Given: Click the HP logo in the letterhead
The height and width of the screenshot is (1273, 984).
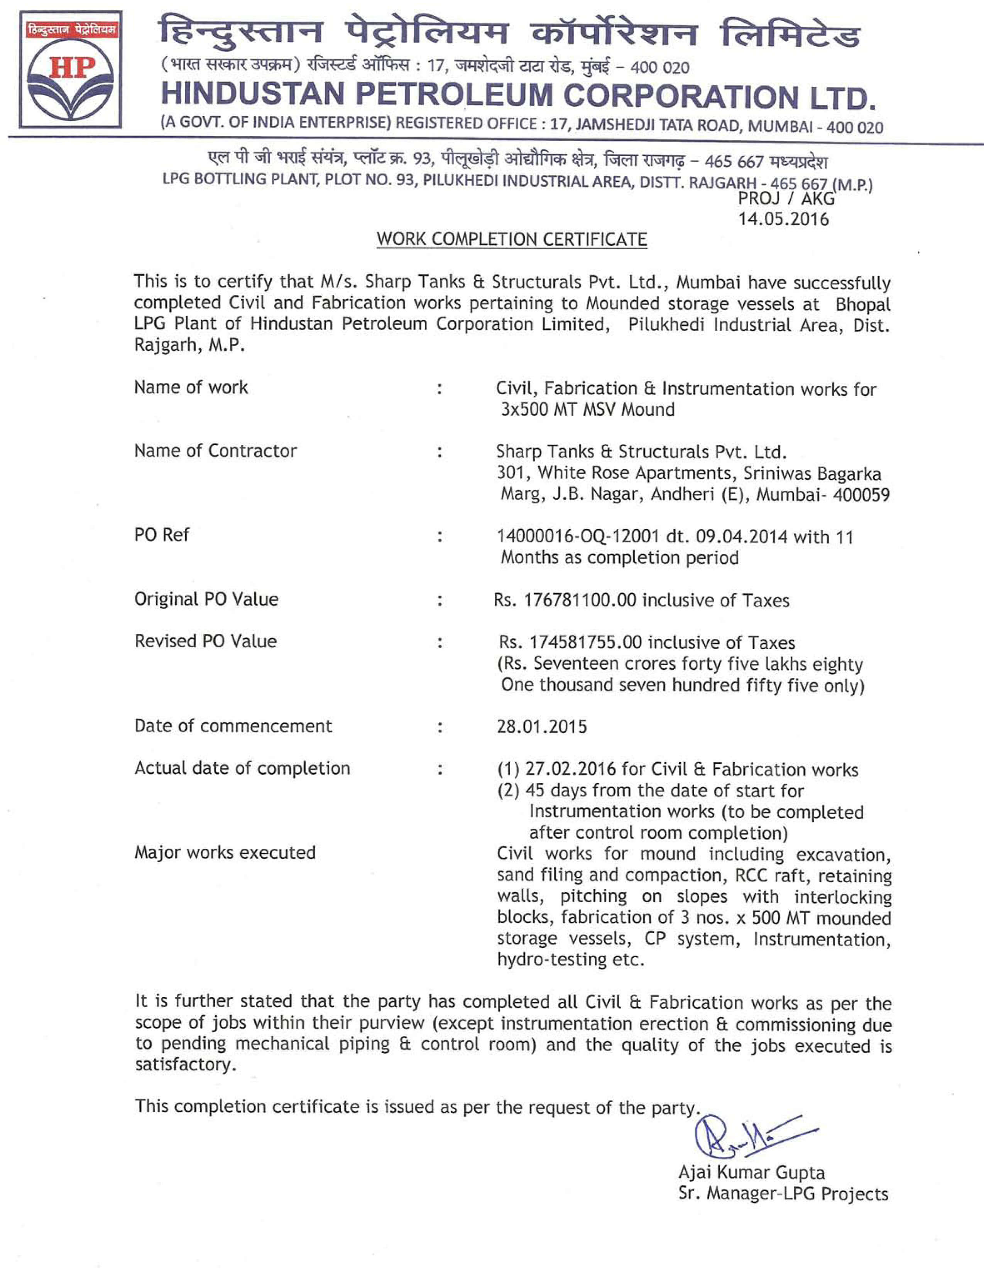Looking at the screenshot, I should coord(70,69).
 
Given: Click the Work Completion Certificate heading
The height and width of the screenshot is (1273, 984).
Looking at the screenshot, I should coord(511,239).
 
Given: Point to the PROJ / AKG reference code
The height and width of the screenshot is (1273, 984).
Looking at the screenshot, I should coord(786,199).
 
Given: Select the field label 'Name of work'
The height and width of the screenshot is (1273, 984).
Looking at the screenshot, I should coord(191,387).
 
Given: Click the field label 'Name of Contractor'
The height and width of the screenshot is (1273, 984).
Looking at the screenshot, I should coord(215,451).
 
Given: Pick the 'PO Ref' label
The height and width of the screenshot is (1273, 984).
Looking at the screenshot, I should coord(161,535).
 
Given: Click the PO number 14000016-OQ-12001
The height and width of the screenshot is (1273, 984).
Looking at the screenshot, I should coord(578,536).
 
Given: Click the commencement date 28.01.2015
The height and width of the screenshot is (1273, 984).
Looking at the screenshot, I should coord(541,727).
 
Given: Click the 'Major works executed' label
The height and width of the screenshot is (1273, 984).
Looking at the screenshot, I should coord(225,852).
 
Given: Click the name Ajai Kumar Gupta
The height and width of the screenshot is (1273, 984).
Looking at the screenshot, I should coord(751,1172).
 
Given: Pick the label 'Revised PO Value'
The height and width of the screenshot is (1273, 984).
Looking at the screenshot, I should coord(205,641).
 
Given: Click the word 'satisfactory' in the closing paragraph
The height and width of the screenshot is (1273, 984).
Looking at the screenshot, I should coord(184,1064).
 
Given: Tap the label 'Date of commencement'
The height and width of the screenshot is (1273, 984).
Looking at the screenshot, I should coord(233,726).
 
